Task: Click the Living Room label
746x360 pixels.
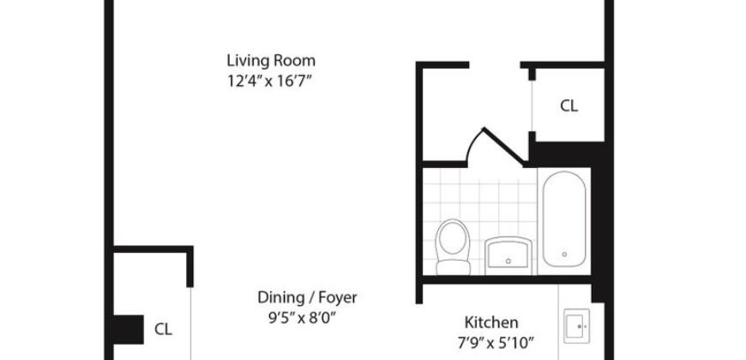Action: point(271,61)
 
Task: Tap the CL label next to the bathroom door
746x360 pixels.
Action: point(569,106)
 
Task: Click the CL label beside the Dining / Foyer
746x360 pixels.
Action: point(163,328)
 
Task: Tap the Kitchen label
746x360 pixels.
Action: point(490,323)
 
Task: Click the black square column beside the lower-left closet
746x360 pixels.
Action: point(129,328)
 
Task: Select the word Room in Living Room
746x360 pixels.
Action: point(295,61)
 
